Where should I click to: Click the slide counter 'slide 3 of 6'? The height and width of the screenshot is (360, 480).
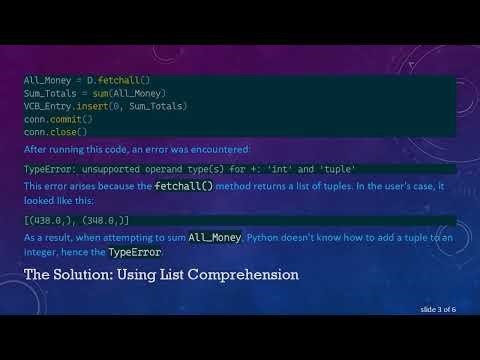pos(433,310)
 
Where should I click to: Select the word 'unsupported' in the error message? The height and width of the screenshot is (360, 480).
pos(107,169)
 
